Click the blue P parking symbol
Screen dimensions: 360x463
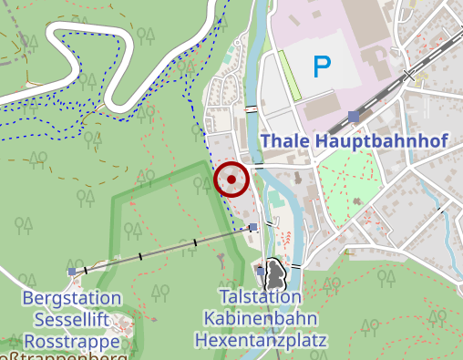pyautogui.click(x=322, y=66)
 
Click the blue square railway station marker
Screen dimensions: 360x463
pyautogui.click(x=353, y=116)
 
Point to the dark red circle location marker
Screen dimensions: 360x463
pyautogui.click(x=231, y=180)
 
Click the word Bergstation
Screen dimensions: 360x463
pyautogui.click(x=71, y=299)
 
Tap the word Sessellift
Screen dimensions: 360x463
pyautogui.click(x=72, y=320)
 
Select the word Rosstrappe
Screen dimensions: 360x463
pyautogui.click(x=72, y=341)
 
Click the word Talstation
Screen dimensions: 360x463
pyautogui.click(x=260, y=297)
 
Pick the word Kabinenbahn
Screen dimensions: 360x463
pyautogui.click(x=260, y=319)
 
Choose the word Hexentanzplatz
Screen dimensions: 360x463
pyautogui.click(x=260, y=340)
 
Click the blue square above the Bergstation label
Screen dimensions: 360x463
pyautogui.click(x=72, y=272)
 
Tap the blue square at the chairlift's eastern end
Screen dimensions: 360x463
pyautogui.click(x=252, y=228)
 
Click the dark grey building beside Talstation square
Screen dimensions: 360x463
pyautogui.click(x=277, y=273)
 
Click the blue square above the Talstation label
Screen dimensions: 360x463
pyautogui.click(x=261, y=271)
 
